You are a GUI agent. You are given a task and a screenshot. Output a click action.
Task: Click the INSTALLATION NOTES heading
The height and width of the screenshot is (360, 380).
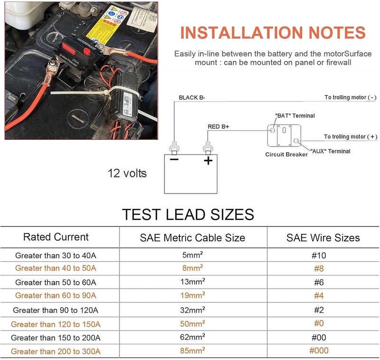(x=273, y=32)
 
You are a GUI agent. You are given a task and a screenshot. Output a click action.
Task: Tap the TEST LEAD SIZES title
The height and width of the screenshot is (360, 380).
(x=188, y=214)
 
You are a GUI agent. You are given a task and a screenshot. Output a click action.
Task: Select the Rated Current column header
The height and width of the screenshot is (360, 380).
(x=56, y=237)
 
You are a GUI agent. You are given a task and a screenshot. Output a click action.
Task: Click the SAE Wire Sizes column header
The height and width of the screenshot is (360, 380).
(x=323, y=238)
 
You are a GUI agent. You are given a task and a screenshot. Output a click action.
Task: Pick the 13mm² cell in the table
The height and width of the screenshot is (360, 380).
(x=193, y=282)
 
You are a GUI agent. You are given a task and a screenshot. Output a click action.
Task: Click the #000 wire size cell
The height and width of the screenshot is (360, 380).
(x=319, y=350)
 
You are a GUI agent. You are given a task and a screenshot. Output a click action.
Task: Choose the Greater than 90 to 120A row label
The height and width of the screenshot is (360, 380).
(x=56, y=310)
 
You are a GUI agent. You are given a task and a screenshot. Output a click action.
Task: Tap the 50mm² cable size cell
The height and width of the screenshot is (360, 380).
(x=193, y=323)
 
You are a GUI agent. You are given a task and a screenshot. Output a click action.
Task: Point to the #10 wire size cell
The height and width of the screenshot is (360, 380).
(x=319, y=255)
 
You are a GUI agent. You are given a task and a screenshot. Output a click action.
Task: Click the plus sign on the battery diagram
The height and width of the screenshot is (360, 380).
(x=208, y=161)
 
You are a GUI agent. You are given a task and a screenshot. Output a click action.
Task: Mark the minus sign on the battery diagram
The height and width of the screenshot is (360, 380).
(x=174, y=159)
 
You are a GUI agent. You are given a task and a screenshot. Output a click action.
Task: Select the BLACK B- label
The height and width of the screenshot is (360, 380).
(x=192, y=97)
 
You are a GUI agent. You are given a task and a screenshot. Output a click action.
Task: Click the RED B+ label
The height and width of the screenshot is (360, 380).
(x=218, y=126)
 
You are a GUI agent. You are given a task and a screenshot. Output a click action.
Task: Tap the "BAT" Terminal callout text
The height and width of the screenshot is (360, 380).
(x=295, y=116)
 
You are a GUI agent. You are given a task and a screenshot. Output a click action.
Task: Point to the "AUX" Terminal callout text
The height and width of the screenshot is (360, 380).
(x=330, y=151)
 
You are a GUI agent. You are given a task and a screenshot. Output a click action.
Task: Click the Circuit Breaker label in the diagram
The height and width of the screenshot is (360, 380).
(x=286, y=155)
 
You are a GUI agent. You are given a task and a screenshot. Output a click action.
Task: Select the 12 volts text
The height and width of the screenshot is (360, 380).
(x=127, y=174)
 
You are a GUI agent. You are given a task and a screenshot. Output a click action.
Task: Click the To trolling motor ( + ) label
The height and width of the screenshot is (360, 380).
(x=351, y=137)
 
